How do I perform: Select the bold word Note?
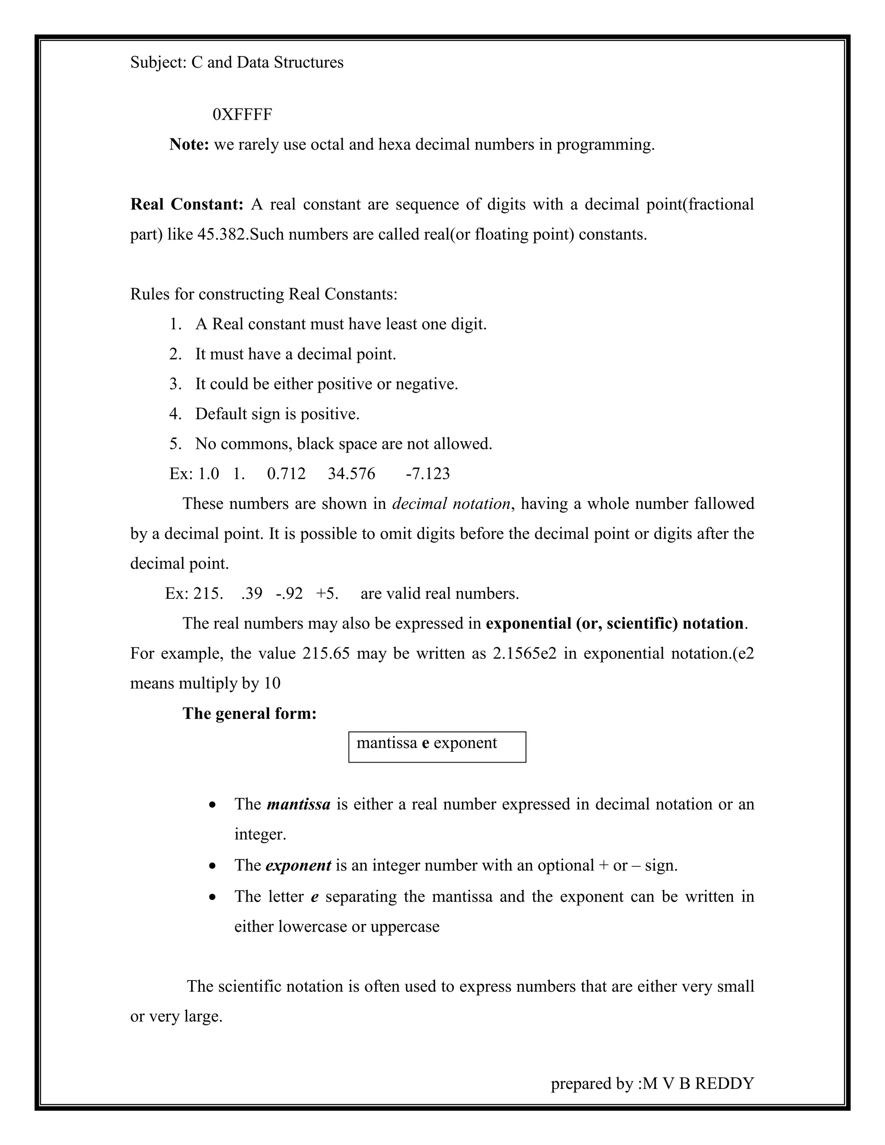click(x=189, y=144)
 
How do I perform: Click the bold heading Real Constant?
click(x=187, y=204)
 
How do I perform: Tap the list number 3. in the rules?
click(x=175, y=384)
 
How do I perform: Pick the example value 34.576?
click(x=351, y=474)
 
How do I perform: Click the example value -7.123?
click(x=427, y=474)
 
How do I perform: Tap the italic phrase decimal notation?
click(x=451, y=504)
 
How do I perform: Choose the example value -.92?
click(x=290, y=594)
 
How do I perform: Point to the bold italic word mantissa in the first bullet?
click(x=298, y=804)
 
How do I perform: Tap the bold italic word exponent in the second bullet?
click(x=298, y=865)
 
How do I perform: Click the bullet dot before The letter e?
click(x=212, y=897)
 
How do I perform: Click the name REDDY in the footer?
click(x=725, y=1083)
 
